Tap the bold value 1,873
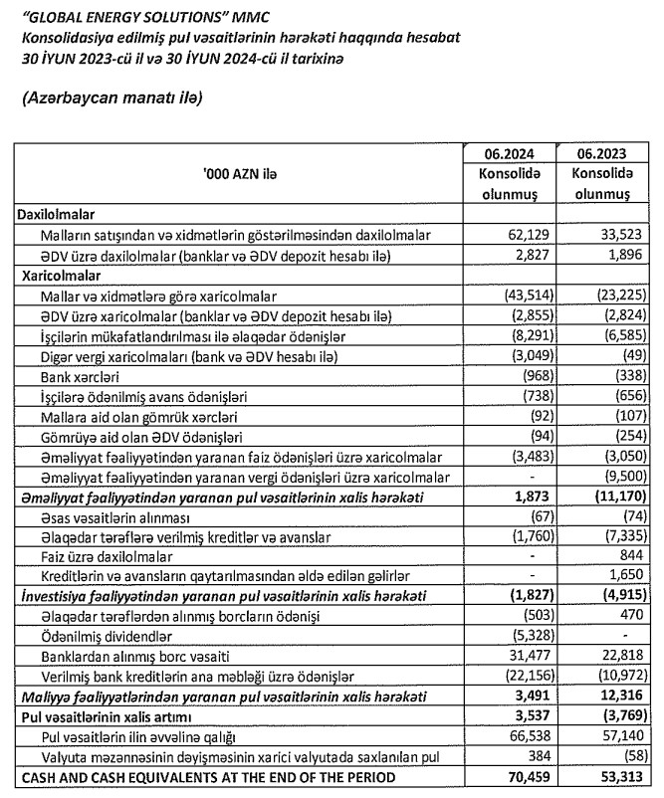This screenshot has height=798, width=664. coord(534,497)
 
